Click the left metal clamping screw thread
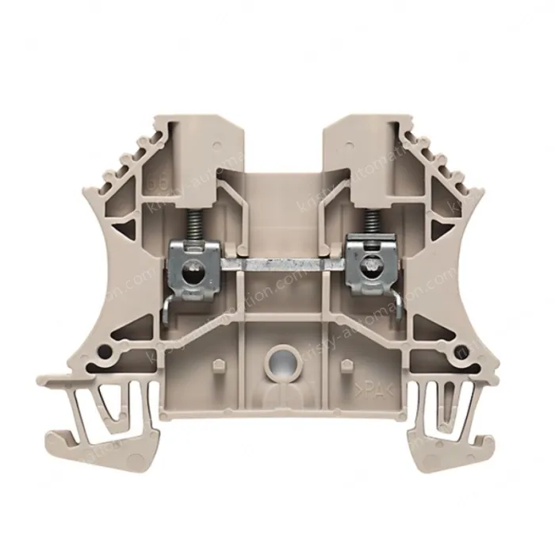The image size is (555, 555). [x=191, y=225]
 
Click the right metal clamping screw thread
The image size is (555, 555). [x=369, y=225]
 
